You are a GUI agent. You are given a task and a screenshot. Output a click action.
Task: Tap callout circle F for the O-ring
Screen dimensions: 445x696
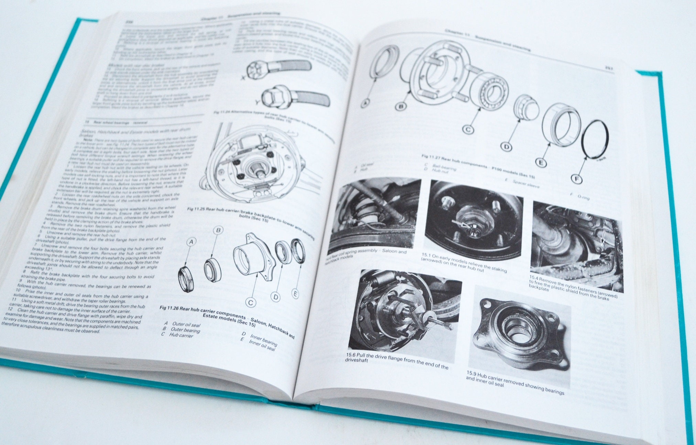[x=577, y=179]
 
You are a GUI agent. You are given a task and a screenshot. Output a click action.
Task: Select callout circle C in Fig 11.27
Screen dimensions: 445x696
[x=468, y=129]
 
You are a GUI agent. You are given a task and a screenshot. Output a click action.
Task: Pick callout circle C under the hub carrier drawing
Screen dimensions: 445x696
[x=251, y=302]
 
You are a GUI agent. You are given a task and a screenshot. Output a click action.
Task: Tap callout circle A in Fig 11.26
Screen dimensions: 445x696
[x=192, y=242]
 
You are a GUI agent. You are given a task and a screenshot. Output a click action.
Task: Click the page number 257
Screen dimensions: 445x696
[x=609, y=68]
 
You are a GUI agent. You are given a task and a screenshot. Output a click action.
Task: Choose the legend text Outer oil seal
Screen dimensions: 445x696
[x=186, y=324]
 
